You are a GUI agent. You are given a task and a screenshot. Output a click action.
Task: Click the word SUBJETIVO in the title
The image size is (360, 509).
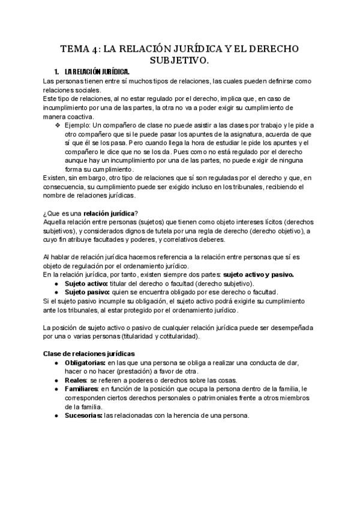coord(180,61)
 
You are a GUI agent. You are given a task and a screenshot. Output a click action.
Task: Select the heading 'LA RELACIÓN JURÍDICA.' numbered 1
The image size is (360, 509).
coord(95,72)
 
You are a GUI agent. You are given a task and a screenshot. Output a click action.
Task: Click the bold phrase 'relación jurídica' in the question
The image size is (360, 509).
coord(109,213)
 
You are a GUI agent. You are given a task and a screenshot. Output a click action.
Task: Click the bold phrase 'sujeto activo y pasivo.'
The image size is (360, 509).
coord(257,274)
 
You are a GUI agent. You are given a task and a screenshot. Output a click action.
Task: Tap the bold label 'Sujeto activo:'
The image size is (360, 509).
coord(86,283)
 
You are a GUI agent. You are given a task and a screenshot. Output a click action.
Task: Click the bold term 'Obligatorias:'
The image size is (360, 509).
coord(85,363)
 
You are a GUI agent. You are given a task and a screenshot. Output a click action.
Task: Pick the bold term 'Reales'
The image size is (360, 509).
coord(76,381)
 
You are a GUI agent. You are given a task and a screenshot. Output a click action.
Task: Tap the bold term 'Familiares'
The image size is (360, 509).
coord(82,389)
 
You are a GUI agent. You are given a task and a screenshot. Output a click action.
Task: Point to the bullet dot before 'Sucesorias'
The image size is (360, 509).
coord(56,415)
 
